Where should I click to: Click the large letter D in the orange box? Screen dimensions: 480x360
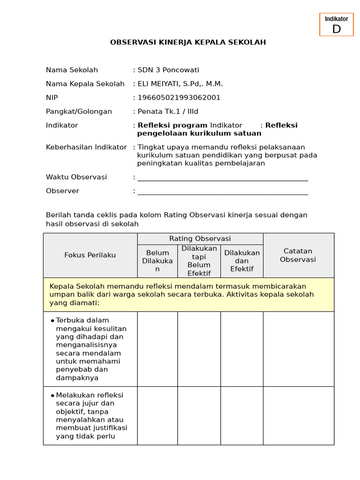tap(336, 29)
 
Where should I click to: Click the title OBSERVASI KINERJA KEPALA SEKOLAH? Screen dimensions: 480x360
tap(188, 42)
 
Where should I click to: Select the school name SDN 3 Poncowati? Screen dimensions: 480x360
tap(168, 70)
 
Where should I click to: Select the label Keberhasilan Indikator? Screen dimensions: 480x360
tap(86, 147)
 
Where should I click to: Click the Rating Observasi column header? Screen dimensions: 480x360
tap(200, 239)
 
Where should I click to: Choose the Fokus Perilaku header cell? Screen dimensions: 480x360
tap(90, 255)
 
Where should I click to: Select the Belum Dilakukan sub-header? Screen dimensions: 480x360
tap(157, 261)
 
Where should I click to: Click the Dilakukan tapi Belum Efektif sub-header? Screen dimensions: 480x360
tap(199, 261)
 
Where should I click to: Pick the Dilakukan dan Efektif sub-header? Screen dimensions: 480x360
tap(242, 261)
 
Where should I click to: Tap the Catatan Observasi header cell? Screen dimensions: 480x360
tap(298, 255)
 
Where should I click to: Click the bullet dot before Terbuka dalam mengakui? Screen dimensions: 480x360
tap(52, 320)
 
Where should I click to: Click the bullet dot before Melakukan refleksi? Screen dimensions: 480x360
tap(52, 395)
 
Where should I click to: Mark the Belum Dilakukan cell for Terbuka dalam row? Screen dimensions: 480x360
tap(157, 349)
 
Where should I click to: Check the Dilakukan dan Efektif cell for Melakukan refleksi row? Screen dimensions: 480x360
tap(242, 415)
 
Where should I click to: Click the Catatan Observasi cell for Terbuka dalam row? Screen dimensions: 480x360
tap(298, 349)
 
